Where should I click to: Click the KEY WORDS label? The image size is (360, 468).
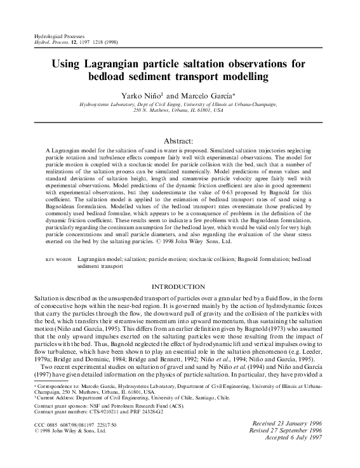60,260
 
